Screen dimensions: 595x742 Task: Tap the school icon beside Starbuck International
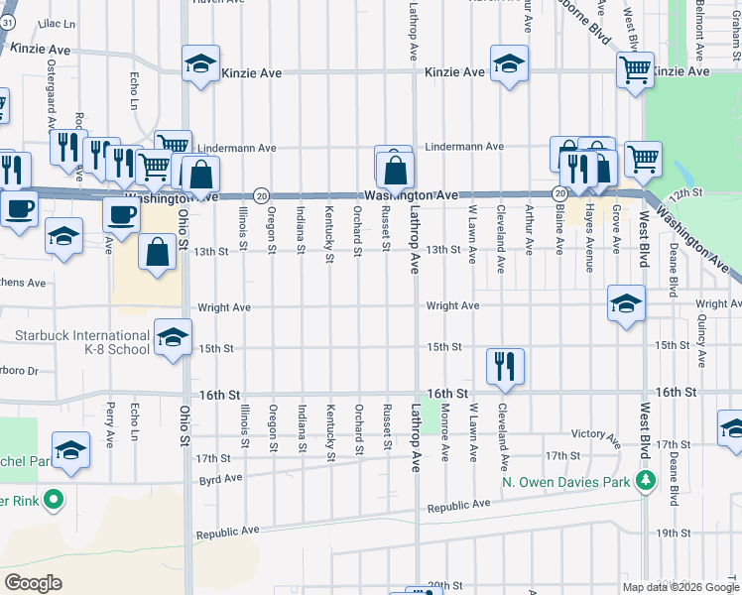[173, 339]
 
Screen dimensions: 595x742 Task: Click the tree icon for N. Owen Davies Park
[646, 482]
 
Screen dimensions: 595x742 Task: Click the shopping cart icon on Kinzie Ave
[635, 69]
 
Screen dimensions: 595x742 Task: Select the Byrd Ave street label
[220, 478]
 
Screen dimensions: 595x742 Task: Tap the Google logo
[34, 583]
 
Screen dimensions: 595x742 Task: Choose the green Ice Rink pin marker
[54, 499]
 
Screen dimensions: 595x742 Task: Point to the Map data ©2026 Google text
[680, 587]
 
